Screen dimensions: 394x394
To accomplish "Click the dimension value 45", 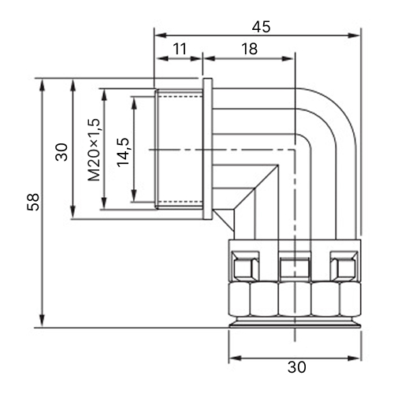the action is [x=261, y=27].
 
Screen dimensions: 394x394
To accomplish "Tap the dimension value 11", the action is [x=180, y=49].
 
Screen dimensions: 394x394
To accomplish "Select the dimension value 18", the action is [x=249, y=49].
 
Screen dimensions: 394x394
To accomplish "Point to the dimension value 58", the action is [x=33, y=202].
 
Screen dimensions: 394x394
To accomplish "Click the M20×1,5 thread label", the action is [x=94, y=150].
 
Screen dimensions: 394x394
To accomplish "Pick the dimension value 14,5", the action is [x=124, y=152].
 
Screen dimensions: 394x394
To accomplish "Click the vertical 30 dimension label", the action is [x=61, y=152].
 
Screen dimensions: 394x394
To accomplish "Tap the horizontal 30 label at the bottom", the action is [x=297, y=367].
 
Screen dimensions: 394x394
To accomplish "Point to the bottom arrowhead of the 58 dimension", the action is [x=42, y=321].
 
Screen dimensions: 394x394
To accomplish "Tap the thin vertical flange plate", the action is [x=207, y=149].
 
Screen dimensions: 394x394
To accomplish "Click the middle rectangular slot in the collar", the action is [x=294, y=266].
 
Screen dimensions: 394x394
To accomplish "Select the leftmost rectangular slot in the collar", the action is [x=245, y=266].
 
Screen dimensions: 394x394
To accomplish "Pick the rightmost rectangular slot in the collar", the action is [x=344, y=266].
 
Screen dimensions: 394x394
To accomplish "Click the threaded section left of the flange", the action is [x=179, y=149].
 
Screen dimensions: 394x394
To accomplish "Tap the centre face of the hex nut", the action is [x=295, y=299].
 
